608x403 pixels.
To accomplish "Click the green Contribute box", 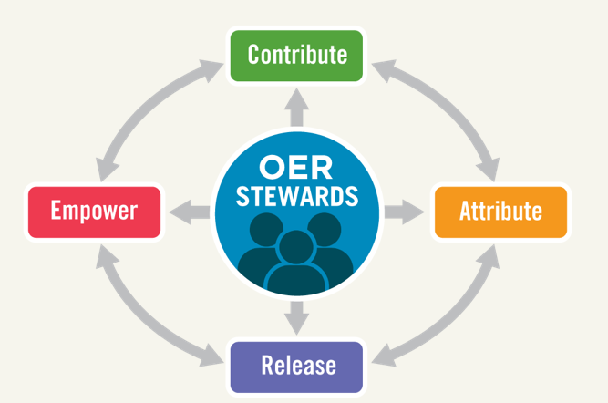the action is (x=296, y=56).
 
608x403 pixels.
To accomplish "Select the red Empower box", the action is (x=94, y=212).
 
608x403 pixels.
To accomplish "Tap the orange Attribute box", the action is (x=501, y=212).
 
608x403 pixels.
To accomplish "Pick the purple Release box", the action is (x=296, y=367).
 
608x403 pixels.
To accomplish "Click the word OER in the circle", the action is (x=296, y=167).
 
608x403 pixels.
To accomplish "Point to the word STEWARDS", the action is (x=297, y=196).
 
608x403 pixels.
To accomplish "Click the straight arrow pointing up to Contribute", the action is (x=296, y=108).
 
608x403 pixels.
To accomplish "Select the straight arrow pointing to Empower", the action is (x=190, y=212).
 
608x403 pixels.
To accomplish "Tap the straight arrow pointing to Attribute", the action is (x=404, y=212).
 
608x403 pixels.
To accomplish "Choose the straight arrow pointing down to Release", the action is (x=296, y=318).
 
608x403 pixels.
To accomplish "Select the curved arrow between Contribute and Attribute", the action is (x=449, y=105).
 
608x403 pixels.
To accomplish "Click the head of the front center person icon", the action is (x=296, y=247).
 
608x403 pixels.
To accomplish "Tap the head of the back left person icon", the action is (x=266, y=229).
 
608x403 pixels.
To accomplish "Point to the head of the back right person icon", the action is (x=325, y=229).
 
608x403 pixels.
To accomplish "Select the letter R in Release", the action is (x=268, y=365).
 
